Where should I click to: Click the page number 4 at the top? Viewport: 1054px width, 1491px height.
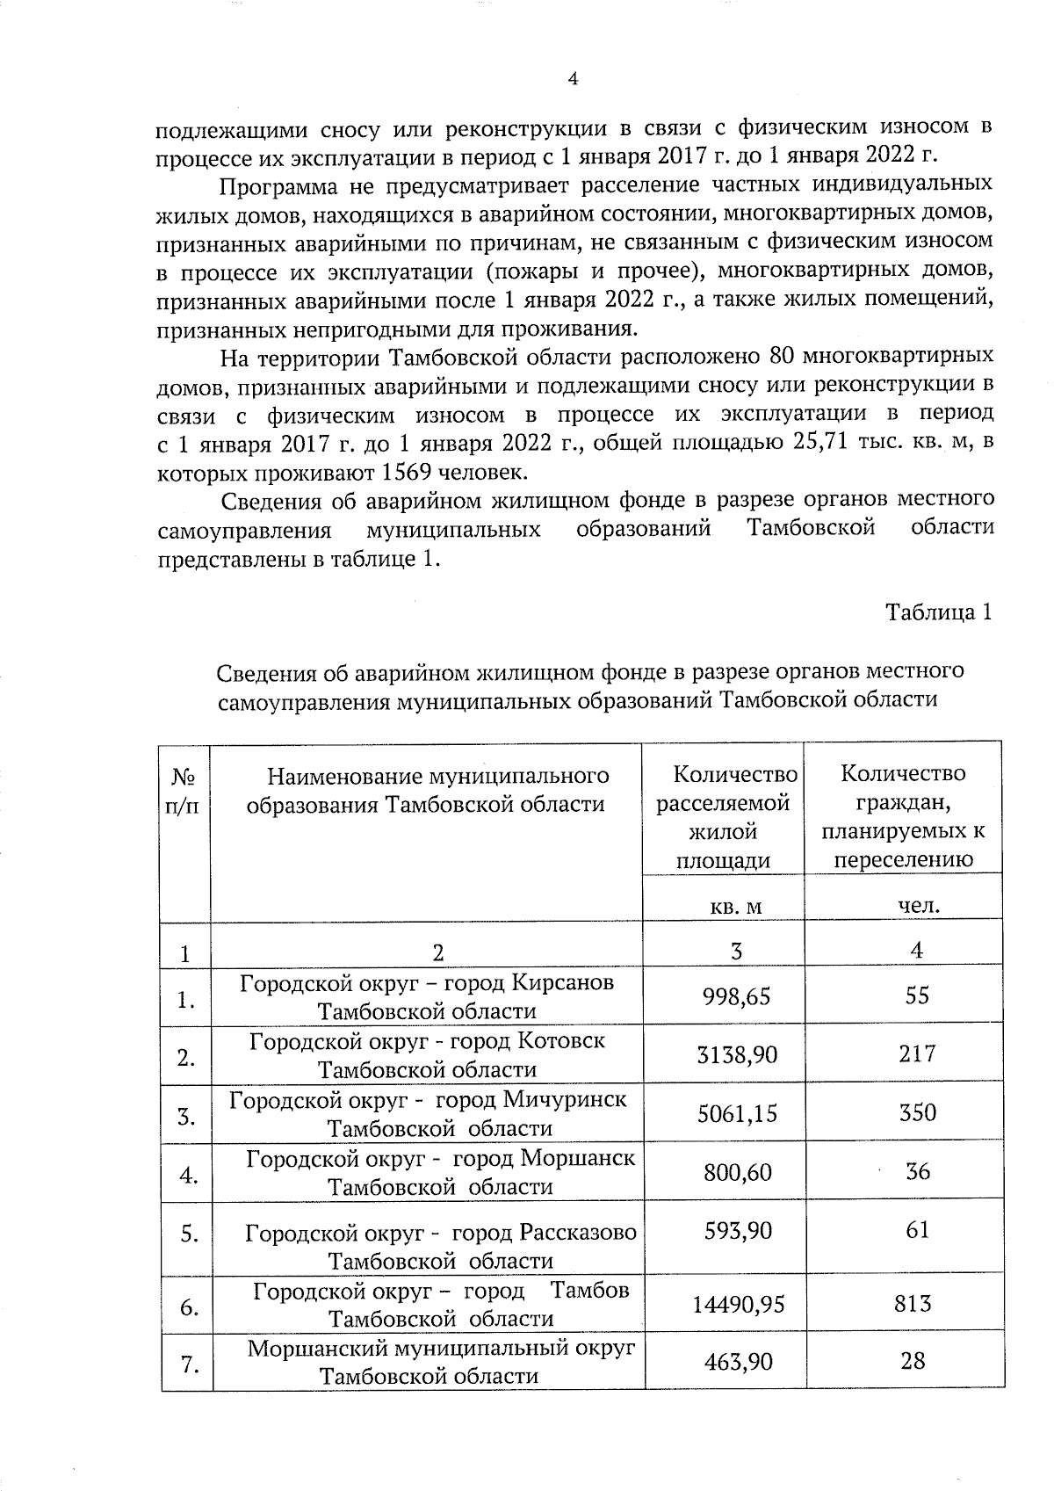573,79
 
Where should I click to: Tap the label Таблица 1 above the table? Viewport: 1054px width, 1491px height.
939,612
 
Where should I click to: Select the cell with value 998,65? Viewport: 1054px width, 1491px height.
736,996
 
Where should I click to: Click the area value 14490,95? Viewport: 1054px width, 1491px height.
738,1304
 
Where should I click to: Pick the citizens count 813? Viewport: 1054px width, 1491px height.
913,1303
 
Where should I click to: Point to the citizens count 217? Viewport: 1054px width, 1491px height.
916,1053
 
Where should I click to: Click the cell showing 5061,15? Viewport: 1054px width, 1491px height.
736,1113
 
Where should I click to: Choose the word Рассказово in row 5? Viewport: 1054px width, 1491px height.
578,1232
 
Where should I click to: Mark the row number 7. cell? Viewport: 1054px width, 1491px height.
186,1364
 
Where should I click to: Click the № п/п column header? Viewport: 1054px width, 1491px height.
184,791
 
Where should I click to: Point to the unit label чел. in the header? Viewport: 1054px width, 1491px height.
919,905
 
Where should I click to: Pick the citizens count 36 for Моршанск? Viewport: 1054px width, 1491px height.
917,1171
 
